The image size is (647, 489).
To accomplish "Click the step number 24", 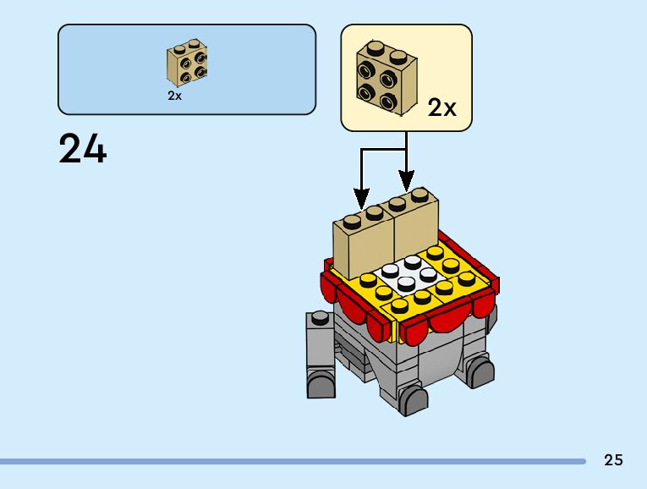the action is [83, 150].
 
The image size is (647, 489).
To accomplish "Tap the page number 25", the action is [613, 459].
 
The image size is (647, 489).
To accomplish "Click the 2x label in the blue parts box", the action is [175, 96].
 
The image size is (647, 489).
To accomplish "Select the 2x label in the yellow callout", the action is [441, 107].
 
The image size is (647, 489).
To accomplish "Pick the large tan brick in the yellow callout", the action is [385, 76].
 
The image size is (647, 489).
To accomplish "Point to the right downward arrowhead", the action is [407, 181].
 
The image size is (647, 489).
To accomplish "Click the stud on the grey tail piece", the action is [319, 318].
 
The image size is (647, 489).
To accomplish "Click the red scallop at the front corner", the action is [414, 331].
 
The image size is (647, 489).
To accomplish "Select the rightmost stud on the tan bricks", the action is [419, 195].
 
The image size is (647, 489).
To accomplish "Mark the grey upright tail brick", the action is [321, 347].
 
